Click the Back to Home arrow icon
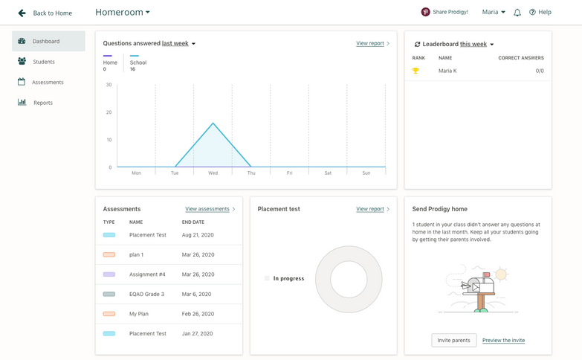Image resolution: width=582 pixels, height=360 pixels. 22,13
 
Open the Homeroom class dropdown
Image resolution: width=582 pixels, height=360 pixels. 123,12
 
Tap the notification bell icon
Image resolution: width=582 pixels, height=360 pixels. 517,13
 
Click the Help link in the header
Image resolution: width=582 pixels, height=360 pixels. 540,12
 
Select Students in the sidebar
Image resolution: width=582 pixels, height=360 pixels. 44,62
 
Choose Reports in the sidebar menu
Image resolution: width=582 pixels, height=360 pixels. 43,103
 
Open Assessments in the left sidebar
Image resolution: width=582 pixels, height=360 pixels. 48,82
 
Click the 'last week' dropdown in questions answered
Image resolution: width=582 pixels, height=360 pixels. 179,44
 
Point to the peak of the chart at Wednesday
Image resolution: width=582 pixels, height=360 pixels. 213,123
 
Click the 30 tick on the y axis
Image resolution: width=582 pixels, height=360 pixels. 109,85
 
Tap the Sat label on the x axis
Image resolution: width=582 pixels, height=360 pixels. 328,173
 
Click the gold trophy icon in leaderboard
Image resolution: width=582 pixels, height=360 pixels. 416,71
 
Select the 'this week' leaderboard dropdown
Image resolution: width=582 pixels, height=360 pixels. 476,45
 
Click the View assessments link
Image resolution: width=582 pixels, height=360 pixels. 207,209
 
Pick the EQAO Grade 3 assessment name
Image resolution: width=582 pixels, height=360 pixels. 146,294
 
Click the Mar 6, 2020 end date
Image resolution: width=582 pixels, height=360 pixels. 197,294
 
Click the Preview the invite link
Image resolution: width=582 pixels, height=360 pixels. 503,340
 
